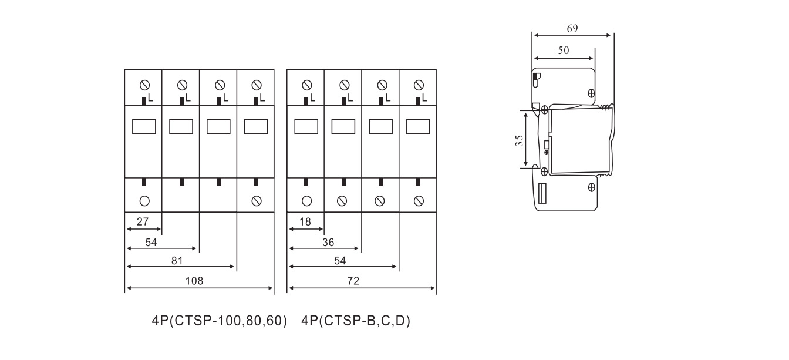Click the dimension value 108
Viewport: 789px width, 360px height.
coord(194,281)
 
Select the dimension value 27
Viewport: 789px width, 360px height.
coord(143,221)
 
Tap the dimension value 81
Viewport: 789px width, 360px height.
coord(177,261)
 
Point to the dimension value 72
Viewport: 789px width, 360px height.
coord(353,281)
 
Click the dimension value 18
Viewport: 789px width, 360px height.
coord(305,221)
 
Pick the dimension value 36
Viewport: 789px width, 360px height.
coord(328,243)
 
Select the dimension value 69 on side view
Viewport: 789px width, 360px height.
coord(572,28)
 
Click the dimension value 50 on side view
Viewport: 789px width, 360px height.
coord(564,51)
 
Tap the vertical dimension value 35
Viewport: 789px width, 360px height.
coord(519,140)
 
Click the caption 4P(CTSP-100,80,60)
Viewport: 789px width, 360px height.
coord(220,321)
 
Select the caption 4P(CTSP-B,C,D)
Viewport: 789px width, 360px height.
coord(356,321)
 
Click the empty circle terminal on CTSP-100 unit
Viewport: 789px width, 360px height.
coord(145,201)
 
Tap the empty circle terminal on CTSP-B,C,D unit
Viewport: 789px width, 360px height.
coord(307,201)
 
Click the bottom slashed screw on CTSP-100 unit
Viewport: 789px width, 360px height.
coord(257,201)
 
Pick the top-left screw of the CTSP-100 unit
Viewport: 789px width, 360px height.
coord(145,85)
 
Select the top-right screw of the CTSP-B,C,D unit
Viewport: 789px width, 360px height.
coord(419,85)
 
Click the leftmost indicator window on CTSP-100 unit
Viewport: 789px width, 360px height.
coord(144,127)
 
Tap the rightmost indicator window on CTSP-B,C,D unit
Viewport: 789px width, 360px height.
coord(418,127)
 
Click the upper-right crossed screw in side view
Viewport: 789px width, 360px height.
coord(591,93)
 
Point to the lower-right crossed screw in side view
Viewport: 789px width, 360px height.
coord(591,187)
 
